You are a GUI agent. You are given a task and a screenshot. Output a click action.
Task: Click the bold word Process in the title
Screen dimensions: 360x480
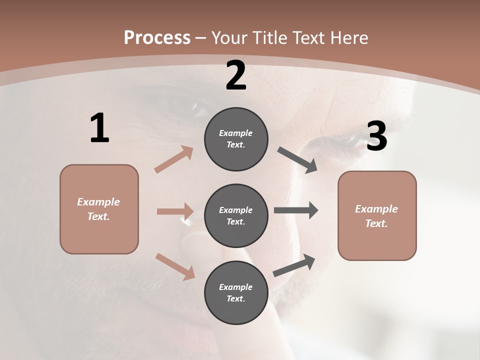tap(157, 37)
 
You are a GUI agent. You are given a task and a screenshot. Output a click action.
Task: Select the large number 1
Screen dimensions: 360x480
tap(99, 128)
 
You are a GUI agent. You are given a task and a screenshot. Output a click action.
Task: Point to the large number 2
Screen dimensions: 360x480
tap(236, 75)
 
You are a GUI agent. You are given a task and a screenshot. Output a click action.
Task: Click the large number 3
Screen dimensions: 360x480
tap(376, 136)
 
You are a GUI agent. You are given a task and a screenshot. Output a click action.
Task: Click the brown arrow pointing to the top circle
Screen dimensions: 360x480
tap(174, 159)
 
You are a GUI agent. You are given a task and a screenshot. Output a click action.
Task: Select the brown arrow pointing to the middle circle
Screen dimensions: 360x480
tap(175, 211)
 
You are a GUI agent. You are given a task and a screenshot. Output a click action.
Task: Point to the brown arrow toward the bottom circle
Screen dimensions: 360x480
tap(175, 266)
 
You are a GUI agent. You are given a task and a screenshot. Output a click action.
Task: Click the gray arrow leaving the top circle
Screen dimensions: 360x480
tap(297, 160)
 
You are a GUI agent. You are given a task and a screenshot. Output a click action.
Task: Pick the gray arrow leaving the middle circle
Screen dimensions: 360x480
tap(296, 210)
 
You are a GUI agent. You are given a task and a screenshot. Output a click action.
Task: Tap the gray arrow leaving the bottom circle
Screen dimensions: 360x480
tap(294, 265)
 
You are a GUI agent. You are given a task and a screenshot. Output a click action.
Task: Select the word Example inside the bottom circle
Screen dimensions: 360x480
tap(236, 287)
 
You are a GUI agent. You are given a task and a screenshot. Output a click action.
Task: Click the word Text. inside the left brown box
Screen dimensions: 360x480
tap(98, 216)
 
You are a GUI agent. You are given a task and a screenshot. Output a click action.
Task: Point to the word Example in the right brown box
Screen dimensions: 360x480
tap(376, 209)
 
